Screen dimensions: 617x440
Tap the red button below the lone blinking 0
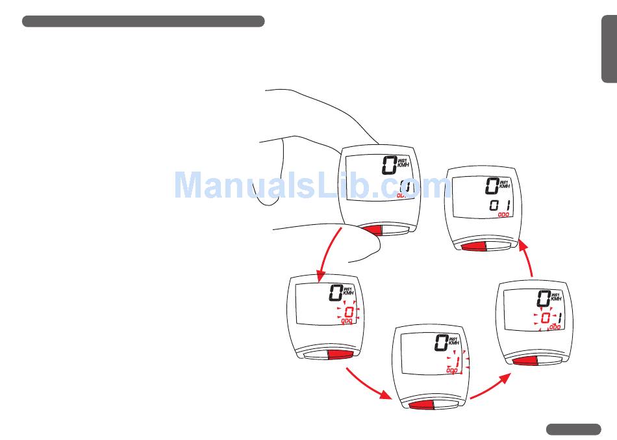coord(340,353)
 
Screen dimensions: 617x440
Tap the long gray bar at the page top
coord(143,21)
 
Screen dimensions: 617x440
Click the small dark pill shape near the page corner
coord(573,428)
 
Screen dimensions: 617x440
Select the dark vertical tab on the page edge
coord(609,51)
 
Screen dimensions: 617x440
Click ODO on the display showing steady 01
coord(503,214)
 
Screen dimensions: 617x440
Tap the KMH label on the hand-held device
coord(403,165)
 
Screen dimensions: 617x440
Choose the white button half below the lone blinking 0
coord(314,354)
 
